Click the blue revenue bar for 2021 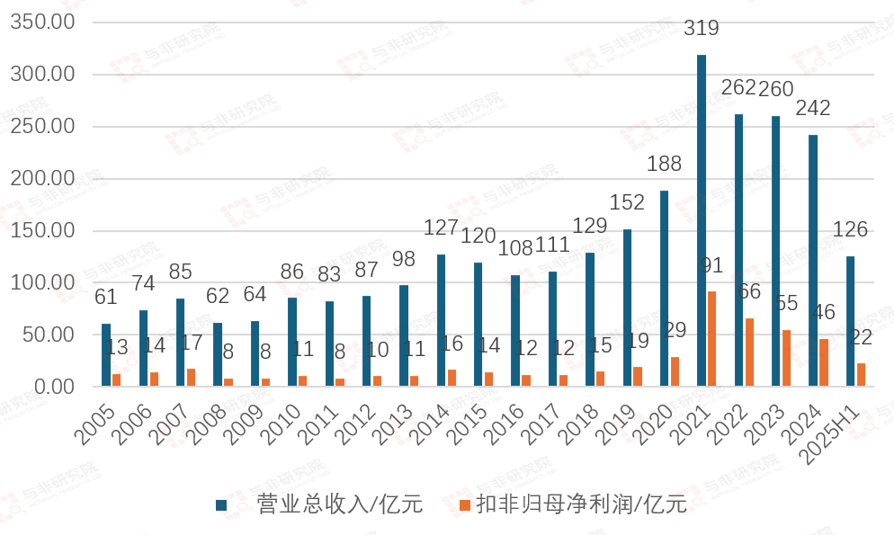[702, 220]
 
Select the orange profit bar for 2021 [712, 339]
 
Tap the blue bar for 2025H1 [850, 321]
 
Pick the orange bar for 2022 [749, 352]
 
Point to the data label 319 [702, 28]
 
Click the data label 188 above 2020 [664, 164]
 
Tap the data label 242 [812, 108]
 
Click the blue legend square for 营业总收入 [221, 505]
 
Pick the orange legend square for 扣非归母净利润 [464, 505]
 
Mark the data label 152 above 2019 [627, 202]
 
